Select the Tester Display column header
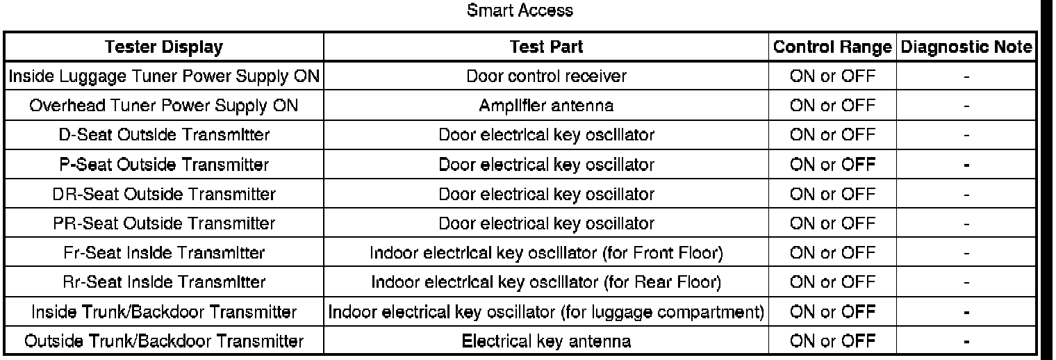coord(164,47)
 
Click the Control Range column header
coord(832,47)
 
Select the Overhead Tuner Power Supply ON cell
coord(164,106)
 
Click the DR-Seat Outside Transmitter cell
coord(164,194)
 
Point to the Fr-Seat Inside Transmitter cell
coord(164,253)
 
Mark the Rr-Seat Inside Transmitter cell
coord(164,282)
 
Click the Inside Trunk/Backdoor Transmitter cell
coord(164,312)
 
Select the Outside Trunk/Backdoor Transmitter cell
coord(164,341)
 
